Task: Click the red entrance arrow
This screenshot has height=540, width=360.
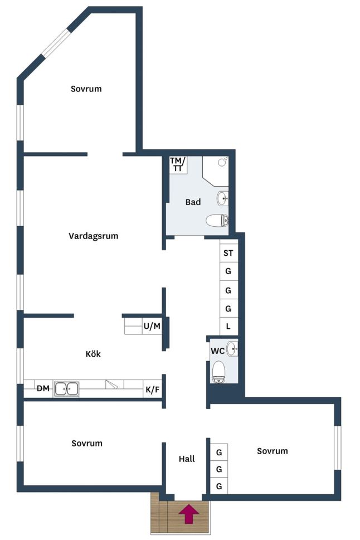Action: coord(188,513)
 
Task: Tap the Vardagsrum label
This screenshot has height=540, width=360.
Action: coord(94,236)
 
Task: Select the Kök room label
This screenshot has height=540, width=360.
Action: coord(93,354)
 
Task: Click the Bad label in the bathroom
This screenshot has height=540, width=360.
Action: coord(193,202)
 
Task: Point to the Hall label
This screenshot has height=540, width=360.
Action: coord(187,459)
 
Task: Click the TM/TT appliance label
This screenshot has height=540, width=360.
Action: coord(178,164)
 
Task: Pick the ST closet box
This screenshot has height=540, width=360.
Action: coord(228,253)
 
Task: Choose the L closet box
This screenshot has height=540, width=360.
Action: coord(228,326)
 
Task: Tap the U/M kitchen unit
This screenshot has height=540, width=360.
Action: coord(152,326)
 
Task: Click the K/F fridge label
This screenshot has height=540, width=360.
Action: coord(152,390)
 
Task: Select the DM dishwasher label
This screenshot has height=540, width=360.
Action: coord(43,389)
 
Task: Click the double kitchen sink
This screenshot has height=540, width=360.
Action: coord(66,389)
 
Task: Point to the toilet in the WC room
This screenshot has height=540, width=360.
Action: coord(218,372)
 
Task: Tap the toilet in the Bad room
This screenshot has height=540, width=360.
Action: coord(217,221)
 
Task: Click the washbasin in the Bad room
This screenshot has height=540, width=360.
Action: coord(222,198)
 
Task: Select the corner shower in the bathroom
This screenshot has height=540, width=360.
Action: coord(215,171)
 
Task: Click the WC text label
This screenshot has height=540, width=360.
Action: coord(217,351)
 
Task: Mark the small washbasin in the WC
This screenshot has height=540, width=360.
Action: coord(232,349)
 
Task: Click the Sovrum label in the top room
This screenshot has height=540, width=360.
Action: coord(86,89)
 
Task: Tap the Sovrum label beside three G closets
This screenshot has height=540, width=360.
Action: coord(272,451)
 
